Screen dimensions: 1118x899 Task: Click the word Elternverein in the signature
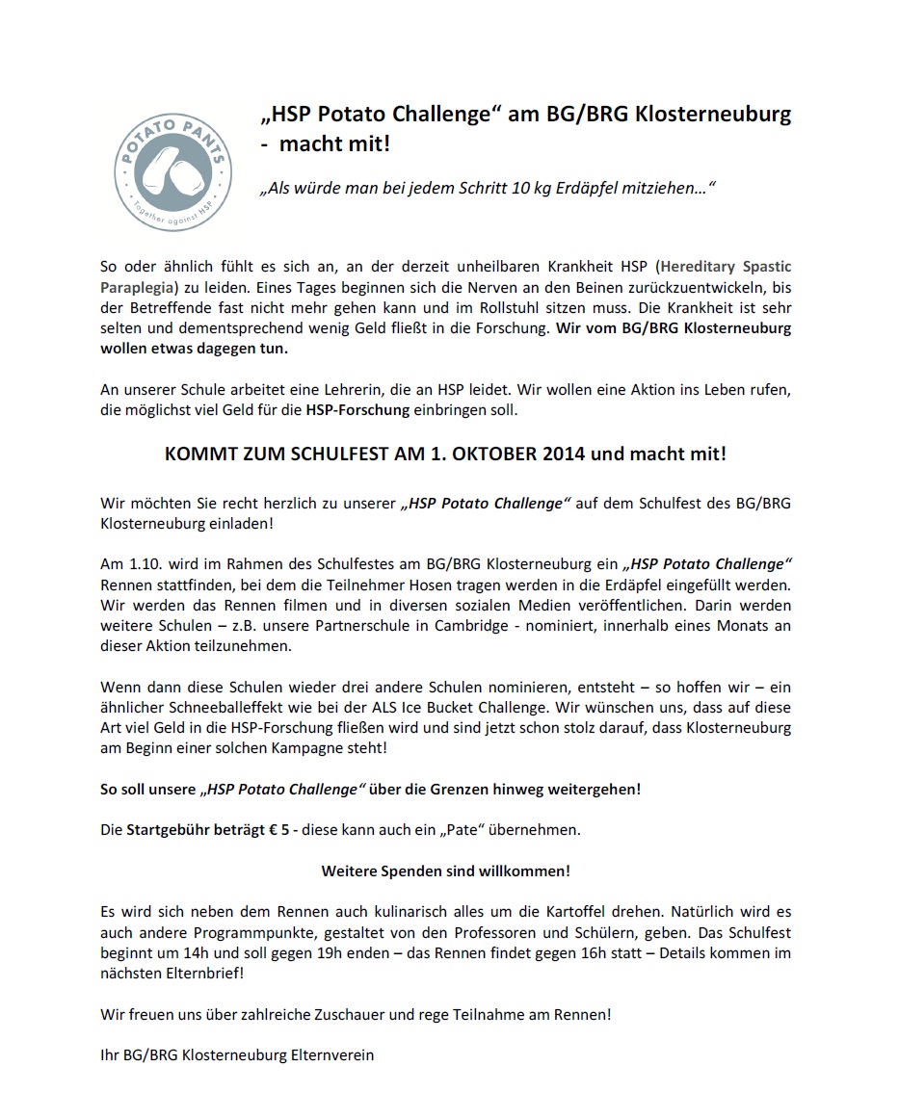pos(331,1054)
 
